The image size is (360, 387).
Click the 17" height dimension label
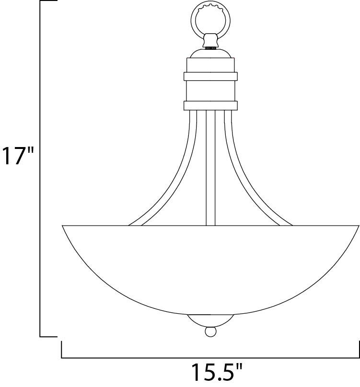18,156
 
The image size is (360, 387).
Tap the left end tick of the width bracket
62,349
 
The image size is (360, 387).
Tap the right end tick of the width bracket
359,349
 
